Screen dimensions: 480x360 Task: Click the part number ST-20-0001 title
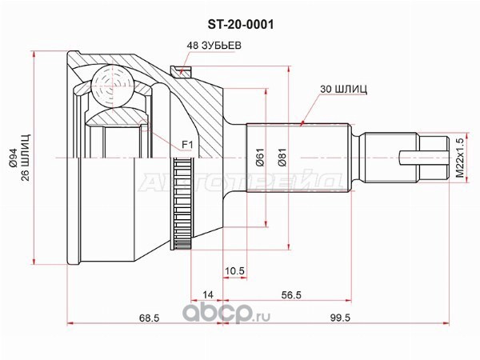tap(241, 25)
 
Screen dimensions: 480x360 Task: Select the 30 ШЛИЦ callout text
tap(343, 89)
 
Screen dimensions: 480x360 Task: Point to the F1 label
tap(187, 145)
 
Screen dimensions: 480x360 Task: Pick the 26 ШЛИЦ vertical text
tap(26, 158)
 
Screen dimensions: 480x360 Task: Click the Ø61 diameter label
tap(260, 158)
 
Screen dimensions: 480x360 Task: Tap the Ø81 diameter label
tap(282, 158)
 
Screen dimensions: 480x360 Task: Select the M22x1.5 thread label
tap(459, 158)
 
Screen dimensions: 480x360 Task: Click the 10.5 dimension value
tap(234, 271)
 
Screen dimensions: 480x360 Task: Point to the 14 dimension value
tap(208, 294)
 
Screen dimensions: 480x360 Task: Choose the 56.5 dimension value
tap(291, 294)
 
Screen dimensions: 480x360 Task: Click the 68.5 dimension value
tap(150, 318)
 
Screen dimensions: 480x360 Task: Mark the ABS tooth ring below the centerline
tap(182, 202)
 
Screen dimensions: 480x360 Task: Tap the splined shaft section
tap(298, 158)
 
